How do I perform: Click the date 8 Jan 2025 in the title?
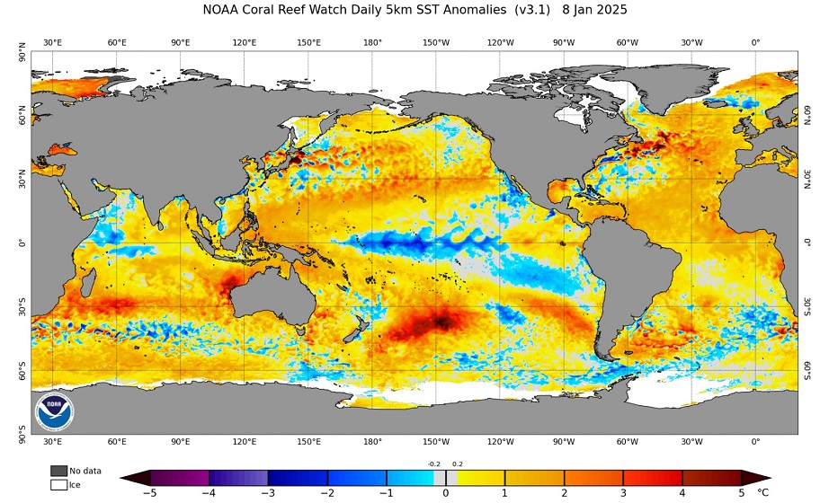594,10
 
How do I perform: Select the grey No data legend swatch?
59,471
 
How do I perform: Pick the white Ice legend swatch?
59,485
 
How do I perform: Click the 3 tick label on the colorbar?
623,492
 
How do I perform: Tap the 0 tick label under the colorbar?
446,492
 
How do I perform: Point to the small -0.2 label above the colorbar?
433,464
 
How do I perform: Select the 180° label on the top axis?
372,42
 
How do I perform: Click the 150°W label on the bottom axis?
436,442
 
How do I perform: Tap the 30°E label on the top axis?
52,42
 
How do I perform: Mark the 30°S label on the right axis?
806,306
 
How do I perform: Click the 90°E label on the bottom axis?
181,442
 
